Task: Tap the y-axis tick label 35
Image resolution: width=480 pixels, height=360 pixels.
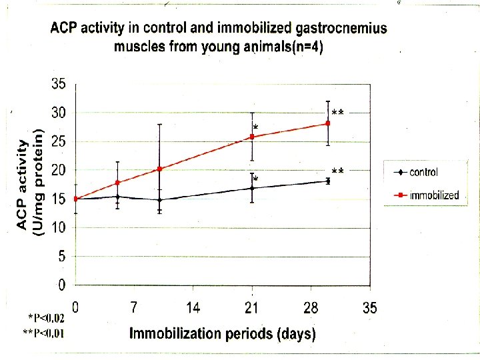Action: [x=59, y=85]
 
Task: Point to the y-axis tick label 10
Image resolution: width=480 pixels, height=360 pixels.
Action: [x=59, y=227]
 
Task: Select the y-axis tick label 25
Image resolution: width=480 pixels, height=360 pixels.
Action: [x=59, y=141]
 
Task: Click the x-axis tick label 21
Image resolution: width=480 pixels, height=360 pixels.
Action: [x=251, y=308]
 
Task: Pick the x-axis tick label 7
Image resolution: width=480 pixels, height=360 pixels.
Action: [x=134, y=308]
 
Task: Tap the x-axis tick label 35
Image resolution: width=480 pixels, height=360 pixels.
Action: [x=369, y=308]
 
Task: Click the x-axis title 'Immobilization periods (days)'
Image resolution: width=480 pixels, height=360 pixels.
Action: [x=222, y=333]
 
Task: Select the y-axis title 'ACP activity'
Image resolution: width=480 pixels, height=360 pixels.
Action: [x=22, y=185]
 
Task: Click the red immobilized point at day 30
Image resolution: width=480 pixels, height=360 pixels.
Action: [x=327, y=123]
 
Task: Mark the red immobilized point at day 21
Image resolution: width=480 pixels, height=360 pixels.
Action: [x=252, y=137]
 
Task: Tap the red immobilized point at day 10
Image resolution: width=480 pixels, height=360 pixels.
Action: [x=160, y=169]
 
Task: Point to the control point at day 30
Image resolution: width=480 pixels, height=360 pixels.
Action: [x=327, y=181]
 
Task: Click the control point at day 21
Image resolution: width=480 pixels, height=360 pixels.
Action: [x=252, y=188]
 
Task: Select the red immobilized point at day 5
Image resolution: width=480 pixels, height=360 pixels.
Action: [x=117, y=183]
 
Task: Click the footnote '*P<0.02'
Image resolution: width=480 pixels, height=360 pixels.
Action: [x=47, y=319]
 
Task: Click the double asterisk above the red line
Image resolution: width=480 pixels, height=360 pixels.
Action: [x=337, y=113]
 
